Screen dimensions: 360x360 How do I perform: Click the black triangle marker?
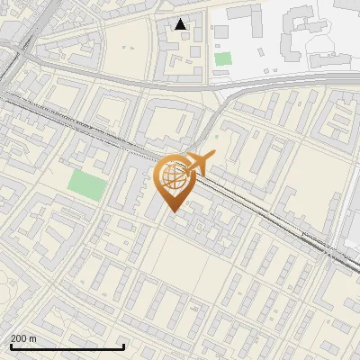point(181,24)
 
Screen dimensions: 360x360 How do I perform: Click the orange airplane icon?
point(196,164)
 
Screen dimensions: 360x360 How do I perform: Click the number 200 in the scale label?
point(19,337)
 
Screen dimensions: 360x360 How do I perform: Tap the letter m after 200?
point(33,337)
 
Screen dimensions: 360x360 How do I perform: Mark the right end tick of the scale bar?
point(123,346)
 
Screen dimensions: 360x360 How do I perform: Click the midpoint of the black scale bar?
point(67,347)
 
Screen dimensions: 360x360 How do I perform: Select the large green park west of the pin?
point(87,186)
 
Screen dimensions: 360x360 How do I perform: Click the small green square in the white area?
point(222,58)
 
